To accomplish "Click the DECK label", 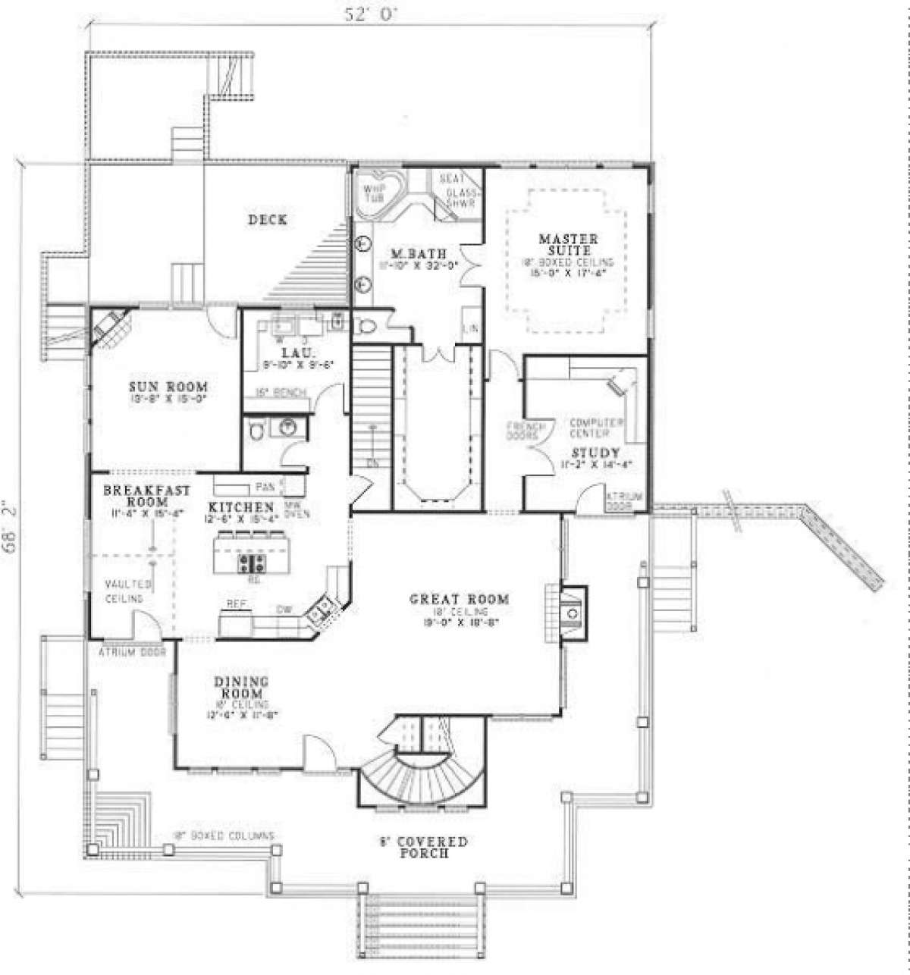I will tap(267, 220).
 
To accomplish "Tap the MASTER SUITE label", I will tap(568, 244).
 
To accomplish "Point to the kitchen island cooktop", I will tap(252, 563).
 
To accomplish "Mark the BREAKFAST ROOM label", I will tap(147, 496).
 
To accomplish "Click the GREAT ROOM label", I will tap(459, 600).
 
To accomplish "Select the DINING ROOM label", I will tap(243, 688).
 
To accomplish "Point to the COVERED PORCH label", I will tap(423, 847).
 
